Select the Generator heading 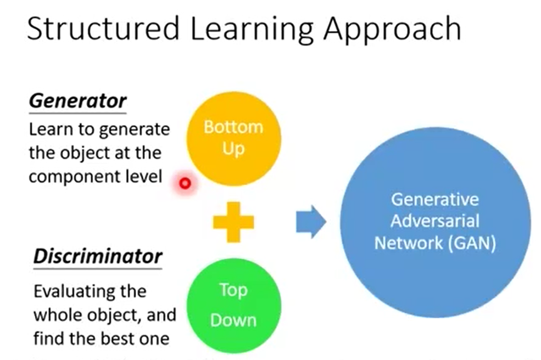[x=77, y=101]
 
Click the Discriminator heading [x=98, y=256]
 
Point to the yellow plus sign [x=233, y=222]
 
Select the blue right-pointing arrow [x=311, y=222]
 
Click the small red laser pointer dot [x=185, y=183]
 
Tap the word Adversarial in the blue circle [x=435, y=221]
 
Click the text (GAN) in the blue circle [x=471, y=243]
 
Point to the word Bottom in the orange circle [x=233, y=127]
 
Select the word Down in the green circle [x=233, y=319]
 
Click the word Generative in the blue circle [x=435, y=199]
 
